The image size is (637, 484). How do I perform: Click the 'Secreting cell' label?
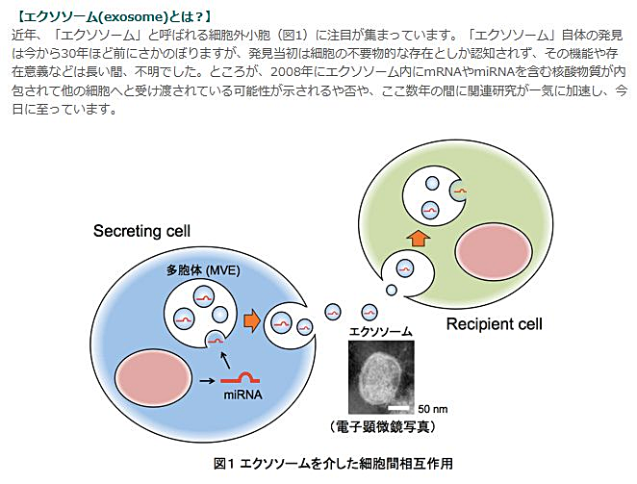[141, 231]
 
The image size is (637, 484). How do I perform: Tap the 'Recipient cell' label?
[495, 324]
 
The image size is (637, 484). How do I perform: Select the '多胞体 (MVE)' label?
[203, 270]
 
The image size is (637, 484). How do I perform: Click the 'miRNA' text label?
[242, 395]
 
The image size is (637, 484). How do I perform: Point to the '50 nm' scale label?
[433, 409]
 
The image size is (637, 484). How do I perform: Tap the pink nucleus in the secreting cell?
[154, 379]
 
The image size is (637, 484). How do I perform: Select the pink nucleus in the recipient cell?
[494, 250]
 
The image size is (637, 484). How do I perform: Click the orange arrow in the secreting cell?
[252, 320]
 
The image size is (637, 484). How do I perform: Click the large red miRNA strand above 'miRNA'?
[241, 378]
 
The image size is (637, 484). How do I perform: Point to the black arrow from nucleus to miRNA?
[207, 381]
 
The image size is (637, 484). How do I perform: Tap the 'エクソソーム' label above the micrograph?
[381, 331]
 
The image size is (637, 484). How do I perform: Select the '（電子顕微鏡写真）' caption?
[382, 426]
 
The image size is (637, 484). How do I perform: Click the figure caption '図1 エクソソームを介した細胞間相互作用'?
[333, 463]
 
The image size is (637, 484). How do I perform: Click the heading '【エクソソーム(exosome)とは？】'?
[114, 16]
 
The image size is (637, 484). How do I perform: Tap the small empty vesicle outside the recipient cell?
[392, 290]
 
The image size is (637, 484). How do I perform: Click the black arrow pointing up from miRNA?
[225, 360]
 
